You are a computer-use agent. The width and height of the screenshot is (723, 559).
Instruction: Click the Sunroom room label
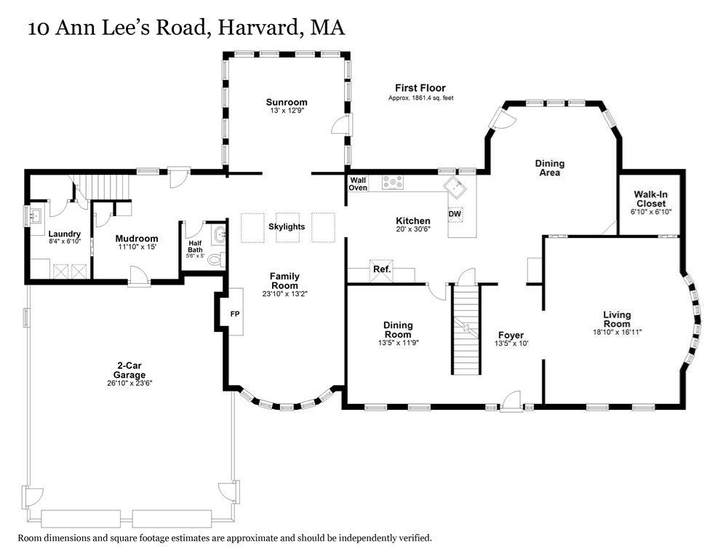pos(287,103)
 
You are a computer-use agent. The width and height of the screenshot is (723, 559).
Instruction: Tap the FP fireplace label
pos(235,314)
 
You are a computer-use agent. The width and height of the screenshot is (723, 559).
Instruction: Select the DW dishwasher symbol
pos(455,214)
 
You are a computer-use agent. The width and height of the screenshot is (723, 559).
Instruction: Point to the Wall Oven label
pos(358,183)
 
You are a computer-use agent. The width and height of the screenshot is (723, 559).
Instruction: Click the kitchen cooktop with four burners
pos(392,183)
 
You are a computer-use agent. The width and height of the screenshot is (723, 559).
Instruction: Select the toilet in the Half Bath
pos(216,259)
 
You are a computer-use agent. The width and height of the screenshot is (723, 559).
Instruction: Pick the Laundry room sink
pos(35,215)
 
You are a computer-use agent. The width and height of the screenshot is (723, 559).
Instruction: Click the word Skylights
pos(287,226)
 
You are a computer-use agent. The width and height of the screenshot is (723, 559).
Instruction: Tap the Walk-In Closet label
pos(650,199)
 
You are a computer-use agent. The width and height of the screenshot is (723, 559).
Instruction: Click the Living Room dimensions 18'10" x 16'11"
pos(617,332)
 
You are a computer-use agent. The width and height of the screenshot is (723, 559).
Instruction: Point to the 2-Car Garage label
pos(129,370)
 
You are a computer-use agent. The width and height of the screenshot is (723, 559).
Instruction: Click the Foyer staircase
pos(466,330)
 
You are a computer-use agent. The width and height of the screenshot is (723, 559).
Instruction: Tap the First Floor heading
pos(420,87)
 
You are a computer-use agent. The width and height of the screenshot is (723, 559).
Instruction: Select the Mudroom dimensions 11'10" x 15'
pos(136,247)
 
